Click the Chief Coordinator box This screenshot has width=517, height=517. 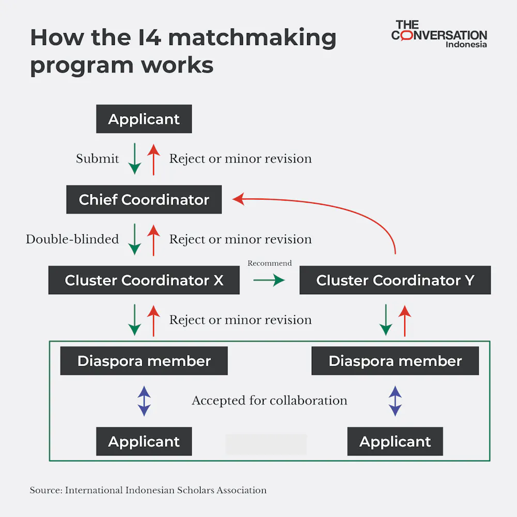pyautogui.click(x=144, y=200)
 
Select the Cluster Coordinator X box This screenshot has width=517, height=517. pyautogui.click(x=144, y=280)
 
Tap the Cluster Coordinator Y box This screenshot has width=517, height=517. pyautogui.click(x=395, y=280)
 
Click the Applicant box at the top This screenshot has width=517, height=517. pyautogui.click(x=144, y=119)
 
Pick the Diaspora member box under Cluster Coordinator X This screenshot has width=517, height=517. pyautogui.click(x=144, y=361)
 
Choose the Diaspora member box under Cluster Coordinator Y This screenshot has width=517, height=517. pyautogui.click(x=395, y=361)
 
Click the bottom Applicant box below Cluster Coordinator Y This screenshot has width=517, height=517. pyautogui.click(x=395, y=442)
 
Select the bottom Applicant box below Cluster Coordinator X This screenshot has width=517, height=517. pyautogui.click(x=144, y=442)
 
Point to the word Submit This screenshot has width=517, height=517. pyautogui.click(x=97, y=159)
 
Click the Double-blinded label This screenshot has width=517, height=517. pyautogui.click(x=72, y=239)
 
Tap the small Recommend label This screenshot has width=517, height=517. pyautogui.click(x=269, y=263)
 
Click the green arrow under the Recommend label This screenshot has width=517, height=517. pyautogui.click(x=269, y=280)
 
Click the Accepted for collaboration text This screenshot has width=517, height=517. pyautogui.click(x=269, y=401)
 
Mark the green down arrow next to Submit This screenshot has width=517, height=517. pyautogui.click(x=134, y=159)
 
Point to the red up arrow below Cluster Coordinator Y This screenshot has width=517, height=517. pyautogui.click(x=405, y=321)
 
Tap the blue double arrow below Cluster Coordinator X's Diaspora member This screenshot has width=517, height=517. pyautogui.click(x=144, y=401)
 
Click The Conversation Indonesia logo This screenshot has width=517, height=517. pyautogui.click(x=439, y=34)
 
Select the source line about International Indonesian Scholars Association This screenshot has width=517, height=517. pyautogui.click(x=148, y=490)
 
